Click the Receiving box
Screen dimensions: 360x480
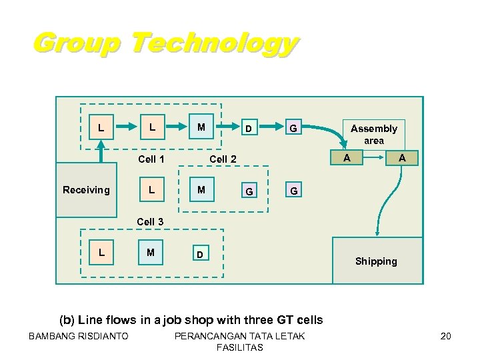coord(86,190)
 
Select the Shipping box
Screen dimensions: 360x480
coord(376,261)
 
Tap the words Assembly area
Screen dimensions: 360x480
coord(373,134)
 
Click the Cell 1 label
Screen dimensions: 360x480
coord(151,159)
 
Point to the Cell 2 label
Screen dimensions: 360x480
coord(223,159)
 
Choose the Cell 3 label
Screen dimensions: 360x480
coord(150,221)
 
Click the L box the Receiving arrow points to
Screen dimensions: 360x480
coord(101,127)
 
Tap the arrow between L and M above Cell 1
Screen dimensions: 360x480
coord(177,127)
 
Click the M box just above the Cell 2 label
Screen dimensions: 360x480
coord(201,127)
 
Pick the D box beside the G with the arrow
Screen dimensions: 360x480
coord(247,127)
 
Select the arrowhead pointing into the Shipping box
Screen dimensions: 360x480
coord(377,233)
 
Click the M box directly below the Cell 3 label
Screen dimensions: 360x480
coord(151,252)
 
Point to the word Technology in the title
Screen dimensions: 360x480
coord(213,43)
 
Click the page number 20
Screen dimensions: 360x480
coord(445,336)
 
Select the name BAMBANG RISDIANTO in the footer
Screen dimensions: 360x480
coord(79,336)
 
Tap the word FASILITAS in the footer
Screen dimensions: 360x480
coord(239,347)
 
